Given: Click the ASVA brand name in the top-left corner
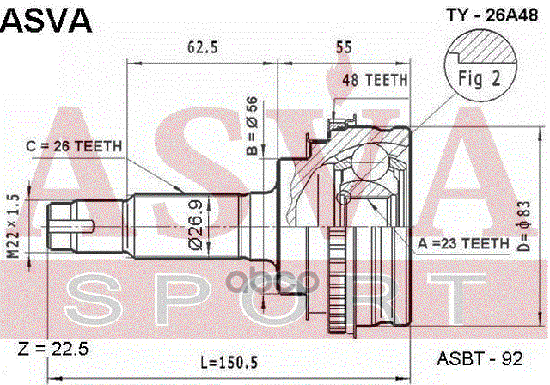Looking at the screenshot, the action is pos(46,21).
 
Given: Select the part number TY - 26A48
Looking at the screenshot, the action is pos(492,15).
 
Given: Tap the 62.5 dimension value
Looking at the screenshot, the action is pos(203,47).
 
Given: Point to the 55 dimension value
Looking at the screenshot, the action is pos(344,47).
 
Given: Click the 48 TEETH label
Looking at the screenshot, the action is pos(375,80).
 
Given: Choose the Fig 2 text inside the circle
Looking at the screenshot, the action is pos(480,78).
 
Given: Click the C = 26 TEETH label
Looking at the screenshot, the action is pos(74,146).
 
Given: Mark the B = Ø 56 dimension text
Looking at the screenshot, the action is pos(252,125).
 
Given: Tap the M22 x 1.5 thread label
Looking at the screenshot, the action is pos(14,227).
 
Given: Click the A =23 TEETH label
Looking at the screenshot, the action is pos(463,243).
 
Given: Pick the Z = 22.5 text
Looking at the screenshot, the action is pos(53,349).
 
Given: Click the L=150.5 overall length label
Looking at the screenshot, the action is pos(229,362).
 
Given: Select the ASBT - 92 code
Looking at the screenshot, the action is pos(480,358).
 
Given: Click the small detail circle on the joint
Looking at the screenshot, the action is pos(344,199).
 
